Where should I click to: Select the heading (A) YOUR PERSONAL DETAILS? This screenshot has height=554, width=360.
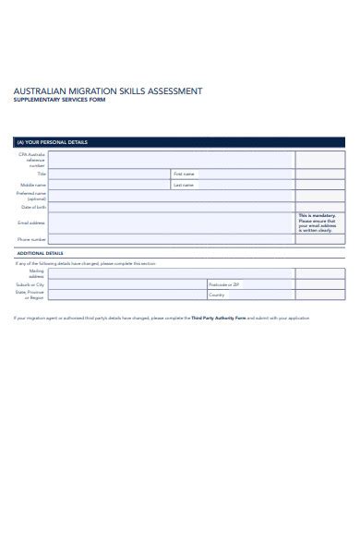click(53, 143)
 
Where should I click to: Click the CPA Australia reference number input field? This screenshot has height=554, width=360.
click(171, 161)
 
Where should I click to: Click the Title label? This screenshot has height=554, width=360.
click(42, 174)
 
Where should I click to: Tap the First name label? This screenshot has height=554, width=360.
click(184, 174)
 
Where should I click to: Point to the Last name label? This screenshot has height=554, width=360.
click(184, 185)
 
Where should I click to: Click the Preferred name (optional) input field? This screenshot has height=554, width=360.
click(171, 196)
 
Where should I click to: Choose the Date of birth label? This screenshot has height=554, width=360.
click(33, 207)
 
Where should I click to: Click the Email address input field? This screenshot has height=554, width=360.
click(171, 223)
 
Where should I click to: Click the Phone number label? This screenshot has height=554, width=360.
click(32, 239)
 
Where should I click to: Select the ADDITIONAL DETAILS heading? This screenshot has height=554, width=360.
click(40, 253)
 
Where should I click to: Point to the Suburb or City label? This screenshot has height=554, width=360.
click(31, 285)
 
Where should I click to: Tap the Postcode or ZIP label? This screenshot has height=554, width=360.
click(224, 285)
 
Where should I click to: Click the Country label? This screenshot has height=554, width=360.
click(217, 295)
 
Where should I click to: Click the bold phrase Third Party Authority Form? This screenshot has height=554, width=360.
click(220, 319)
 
